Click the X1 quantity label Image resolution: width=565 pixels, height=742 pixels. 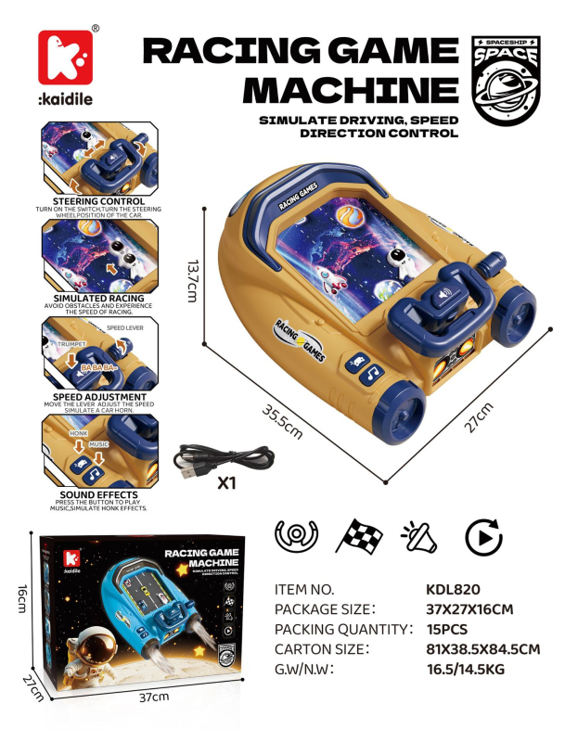[225, 483]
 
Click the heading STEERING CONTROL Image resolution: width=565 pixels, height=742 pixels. [98, 200]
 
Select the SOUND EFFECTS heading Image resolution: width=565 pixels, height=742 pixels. [98, 494]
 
